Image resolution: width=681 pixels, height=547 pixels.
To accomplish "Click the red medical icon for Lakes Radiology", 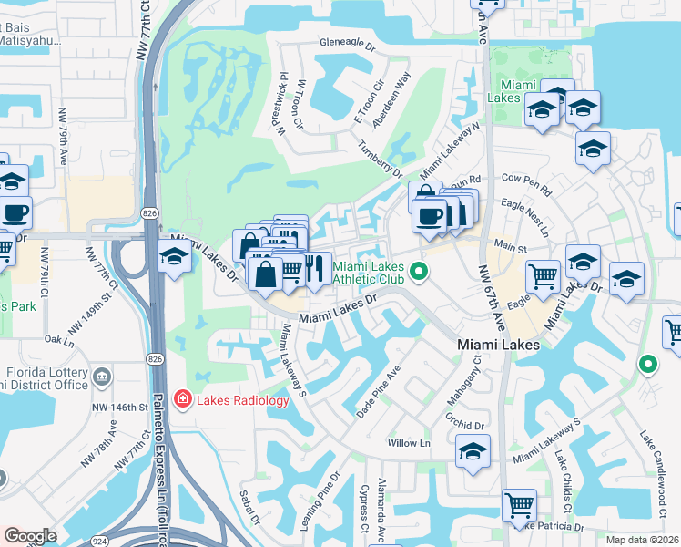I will (x=182, y=399).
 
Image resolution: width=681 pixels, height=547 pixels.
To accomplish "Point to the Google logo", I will (x=30, y=535).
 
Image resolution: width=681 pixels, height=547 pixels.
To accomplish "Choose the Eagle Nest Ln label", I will (x=531, y=220).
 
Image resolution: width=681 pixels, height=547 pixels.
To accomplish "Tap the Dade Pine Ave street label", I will (x=378, y=392).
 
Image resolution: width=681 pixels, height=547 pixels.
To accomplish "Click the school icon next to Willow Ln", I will (x=473, y=451).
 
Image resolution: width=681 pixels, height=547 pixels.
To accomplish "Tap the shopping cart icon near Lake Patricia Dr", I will (x=519, y=504).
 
